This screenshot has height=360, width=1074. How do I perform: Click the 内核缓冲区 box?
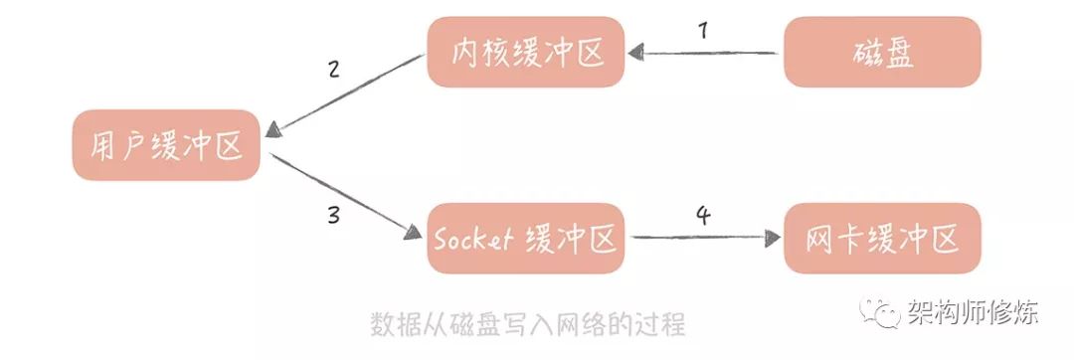525,51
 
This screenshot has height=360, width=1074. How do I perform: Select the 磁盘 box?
882,52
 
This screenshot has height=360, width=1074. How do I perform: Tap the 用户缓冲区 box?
166,145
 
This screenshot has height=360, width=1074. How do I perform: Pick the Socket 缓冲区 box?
525,239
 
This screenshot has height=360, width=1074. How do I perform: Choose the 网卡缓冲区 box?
882,239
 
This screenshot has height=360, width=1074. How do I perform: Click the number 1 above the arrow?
703,31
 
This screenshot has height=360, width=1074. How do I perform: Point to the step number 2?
333,70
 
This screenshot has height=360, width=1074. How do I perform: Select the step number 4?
703,216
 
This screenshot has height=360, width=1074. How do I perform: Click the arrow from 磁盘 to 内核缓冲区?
706,53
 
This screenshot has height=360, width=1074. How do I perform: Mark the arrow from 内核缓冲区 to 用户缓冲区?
348,94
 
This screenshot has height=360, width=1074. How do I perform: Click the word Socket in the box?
473,240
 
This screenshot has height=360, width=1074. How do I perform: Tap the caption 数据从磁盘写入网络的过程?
527,324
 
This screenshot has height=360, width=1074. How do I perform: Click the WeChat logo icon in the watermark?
878,314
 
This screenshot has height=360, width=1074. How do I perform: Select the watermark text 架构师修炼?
973,314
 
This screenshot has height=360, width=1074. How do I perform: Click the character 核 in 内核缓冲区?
495,52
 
